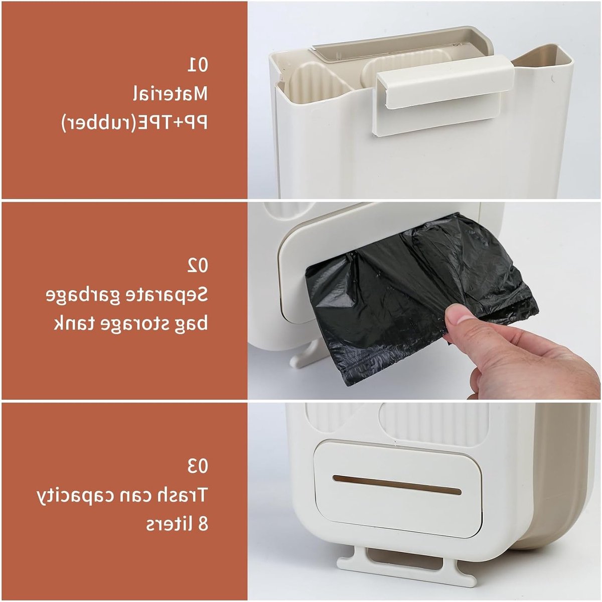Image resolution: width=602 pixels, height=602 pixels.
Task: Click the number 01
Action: pos(198,65)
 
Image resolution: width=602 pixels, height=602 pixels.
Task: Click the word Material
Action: pos(171,93)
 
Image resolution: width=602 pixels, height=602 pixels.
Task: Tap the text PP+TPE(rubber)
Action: pos(134,122)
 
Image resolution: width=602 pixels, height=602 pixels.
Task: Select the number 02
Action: pos(198,266)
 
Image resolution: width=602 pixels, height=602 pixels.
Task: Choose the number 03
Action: pos(198,466)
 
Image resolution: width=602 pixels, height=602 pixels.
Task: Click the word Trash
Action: pos(184,495)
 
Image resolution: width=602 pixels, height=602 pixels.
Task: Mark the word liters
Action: pos(168,523)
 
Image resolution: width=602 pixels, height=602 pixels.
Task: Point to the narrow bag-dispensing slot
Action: pos(397,490)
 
